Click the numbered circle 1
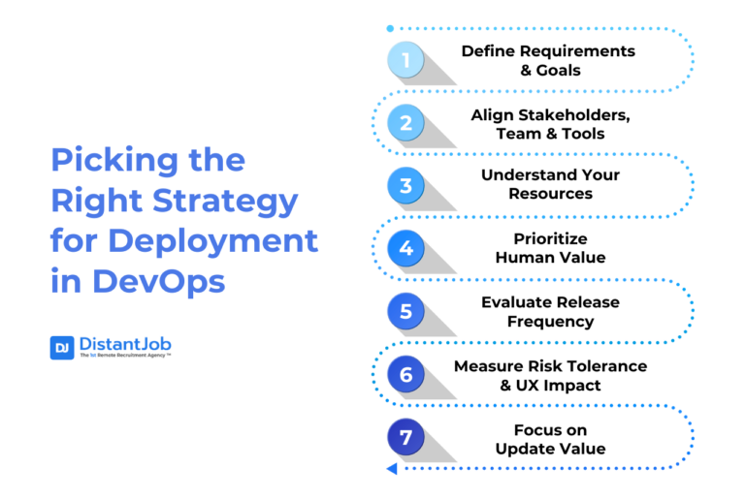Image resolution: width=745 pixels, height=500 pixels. tap(406, 60)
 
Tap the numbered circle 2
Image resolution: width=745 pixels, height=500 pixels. tap(406, 123)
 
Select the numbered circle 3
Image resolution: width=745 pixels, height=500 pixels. tap(406, 185)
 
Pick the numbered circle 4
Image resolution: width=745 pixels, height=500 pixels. tap(406, 248)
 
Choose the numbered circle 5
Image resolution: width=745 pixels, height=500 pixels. tap(406, 311)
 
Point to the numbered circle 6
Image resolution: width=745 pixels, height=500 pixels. tap(406, 374)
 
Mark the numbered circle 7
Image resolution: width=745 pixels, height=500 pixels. tap(406, 437)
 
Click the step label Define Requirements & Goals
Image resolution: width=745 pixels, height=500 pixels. tap(548, 60)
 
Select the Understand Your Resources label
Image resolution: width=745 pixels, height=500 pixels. tap(550, 185)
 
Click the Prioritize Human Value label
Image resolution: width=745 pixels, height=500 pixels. tap(550, 248)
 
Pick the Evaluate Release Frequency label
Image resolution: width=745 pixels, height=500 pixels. tap(550, 311)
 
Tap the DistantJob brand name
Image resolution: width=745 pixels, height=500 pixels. tap(126, 344)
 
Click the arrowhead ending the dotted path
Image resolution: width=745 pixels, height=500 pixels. tap(391, 469)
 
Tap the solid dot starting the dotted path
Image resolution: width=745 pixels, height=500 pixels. tap(390, 29)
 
